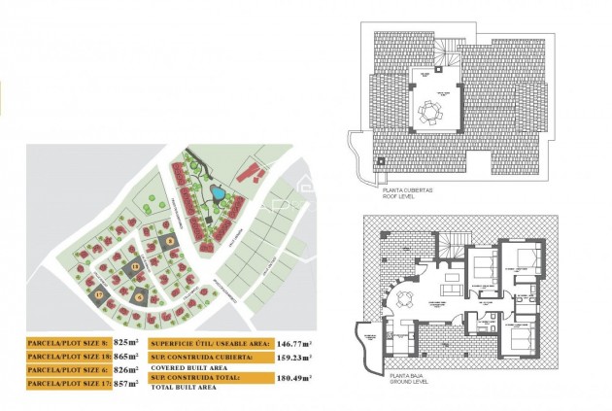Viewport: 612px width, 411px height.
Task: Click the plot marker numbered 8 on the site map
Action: tap(169, 240)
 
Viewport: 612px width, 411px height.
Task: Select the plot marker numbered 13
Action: tap(135, 265)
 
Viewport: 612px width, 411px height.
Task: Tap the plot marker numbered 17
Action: tap(98, 293)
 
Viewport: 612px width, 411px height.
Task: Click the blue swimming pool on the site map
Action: tap(219, 192)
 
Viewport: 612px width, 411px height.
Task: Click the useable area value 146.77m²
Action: tap(277, 343)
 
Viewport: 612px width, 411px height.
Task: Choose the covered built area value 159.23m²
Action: tap(277, 357)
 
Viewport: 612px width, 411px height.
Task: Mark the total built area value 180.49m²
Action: tap(277, 379)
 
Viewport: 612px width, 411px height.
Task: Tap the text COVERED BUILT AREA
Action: tap(186, 366)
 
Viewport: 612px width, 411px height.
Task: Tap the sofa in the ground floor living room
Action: tap(450, 288)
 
